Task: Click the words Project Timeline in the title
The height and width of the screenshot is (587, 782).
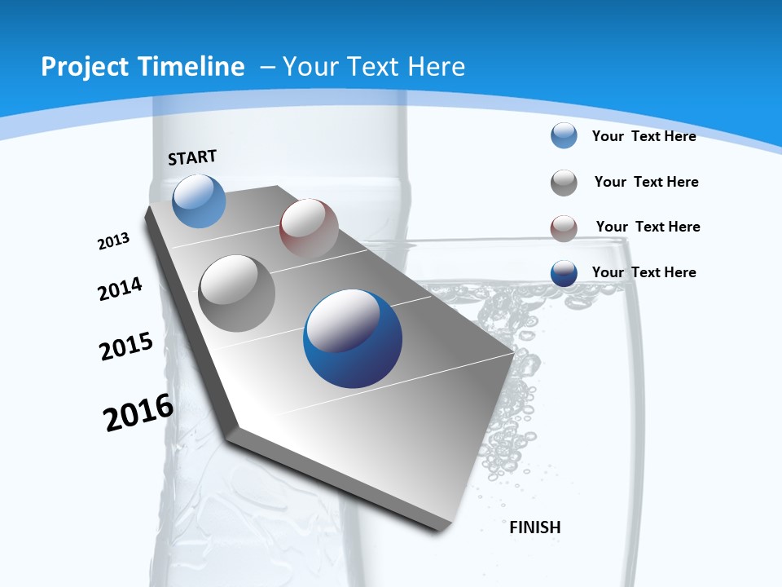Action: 143,67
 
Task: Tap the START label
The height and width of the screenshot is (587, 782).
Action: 192,157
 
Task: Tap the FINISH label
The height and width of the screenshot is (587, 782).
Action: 534,527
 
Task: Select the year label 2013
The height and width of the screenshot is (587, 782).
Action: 113,241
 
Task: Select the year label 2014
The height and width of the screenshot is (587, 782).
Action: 120,289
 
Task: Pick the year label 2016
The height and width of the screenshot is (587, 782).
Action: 138,413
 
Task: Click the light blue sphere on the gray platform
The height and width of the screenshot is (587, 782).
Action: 199,201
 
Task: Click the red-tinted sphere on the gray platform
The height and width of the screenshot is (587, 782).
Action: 309,228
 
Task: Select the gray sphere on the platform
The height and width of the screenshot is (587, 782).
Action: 237,293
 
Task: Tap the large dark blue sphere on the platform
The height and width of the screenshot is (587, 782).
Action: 353,338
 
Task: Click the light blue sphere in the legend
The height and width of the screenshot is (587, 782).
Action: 564,136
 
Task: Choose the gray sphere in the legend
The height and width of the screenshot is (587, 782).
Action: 564,183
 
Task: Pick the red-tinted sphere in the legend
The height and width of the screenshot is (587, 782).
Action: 564,228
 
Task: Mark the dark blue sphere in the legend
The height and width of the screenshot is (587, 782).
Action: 564,274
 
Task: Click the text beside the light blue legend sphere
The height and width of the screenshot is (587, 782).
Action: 644,136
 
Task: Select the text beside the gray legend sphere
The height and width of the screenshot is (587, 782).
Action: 646,182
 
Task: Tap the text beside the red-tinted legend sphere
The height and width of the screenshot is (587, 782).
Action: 648,227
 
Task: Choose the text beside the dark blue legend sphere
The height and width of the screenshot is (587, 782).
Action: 644,272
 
